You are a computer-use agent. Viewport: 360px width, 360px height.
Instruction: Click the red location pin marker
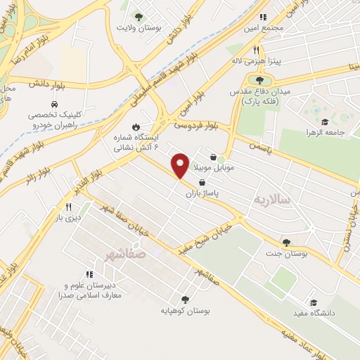(x=181, y=165)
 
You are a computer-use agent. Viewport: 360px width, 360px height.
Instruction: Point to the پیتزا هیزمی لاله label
(x=257, y=61)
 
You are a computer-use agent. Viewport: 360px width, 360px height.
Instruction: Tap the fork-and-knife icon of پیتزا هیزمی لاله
(x=257, y=51)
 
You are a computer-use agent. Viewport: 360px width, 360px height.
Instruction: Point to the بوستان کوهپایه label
(x=184, y=310)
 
